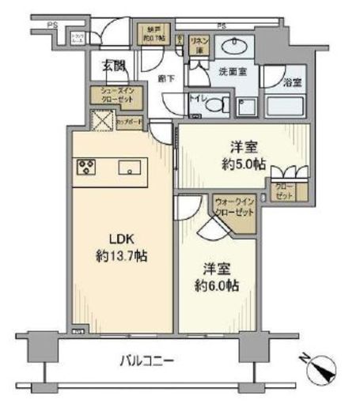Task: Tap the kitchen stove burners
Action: pos(85,168)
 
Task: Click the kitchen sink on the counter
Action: pos(129,168)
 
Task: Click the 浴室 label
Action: pos(294,80)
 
